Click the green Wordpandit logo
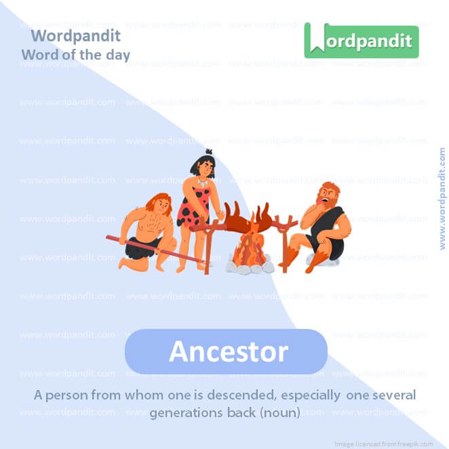tap(361, 41)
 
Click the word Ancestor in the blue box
tap(228, 352)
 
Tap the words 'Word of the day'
tap(75, 55)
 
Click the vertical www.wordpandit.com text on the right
tap(442, 198)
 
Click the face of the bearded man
tap(328, 197)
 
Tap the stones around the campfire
tap(249, 268)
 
